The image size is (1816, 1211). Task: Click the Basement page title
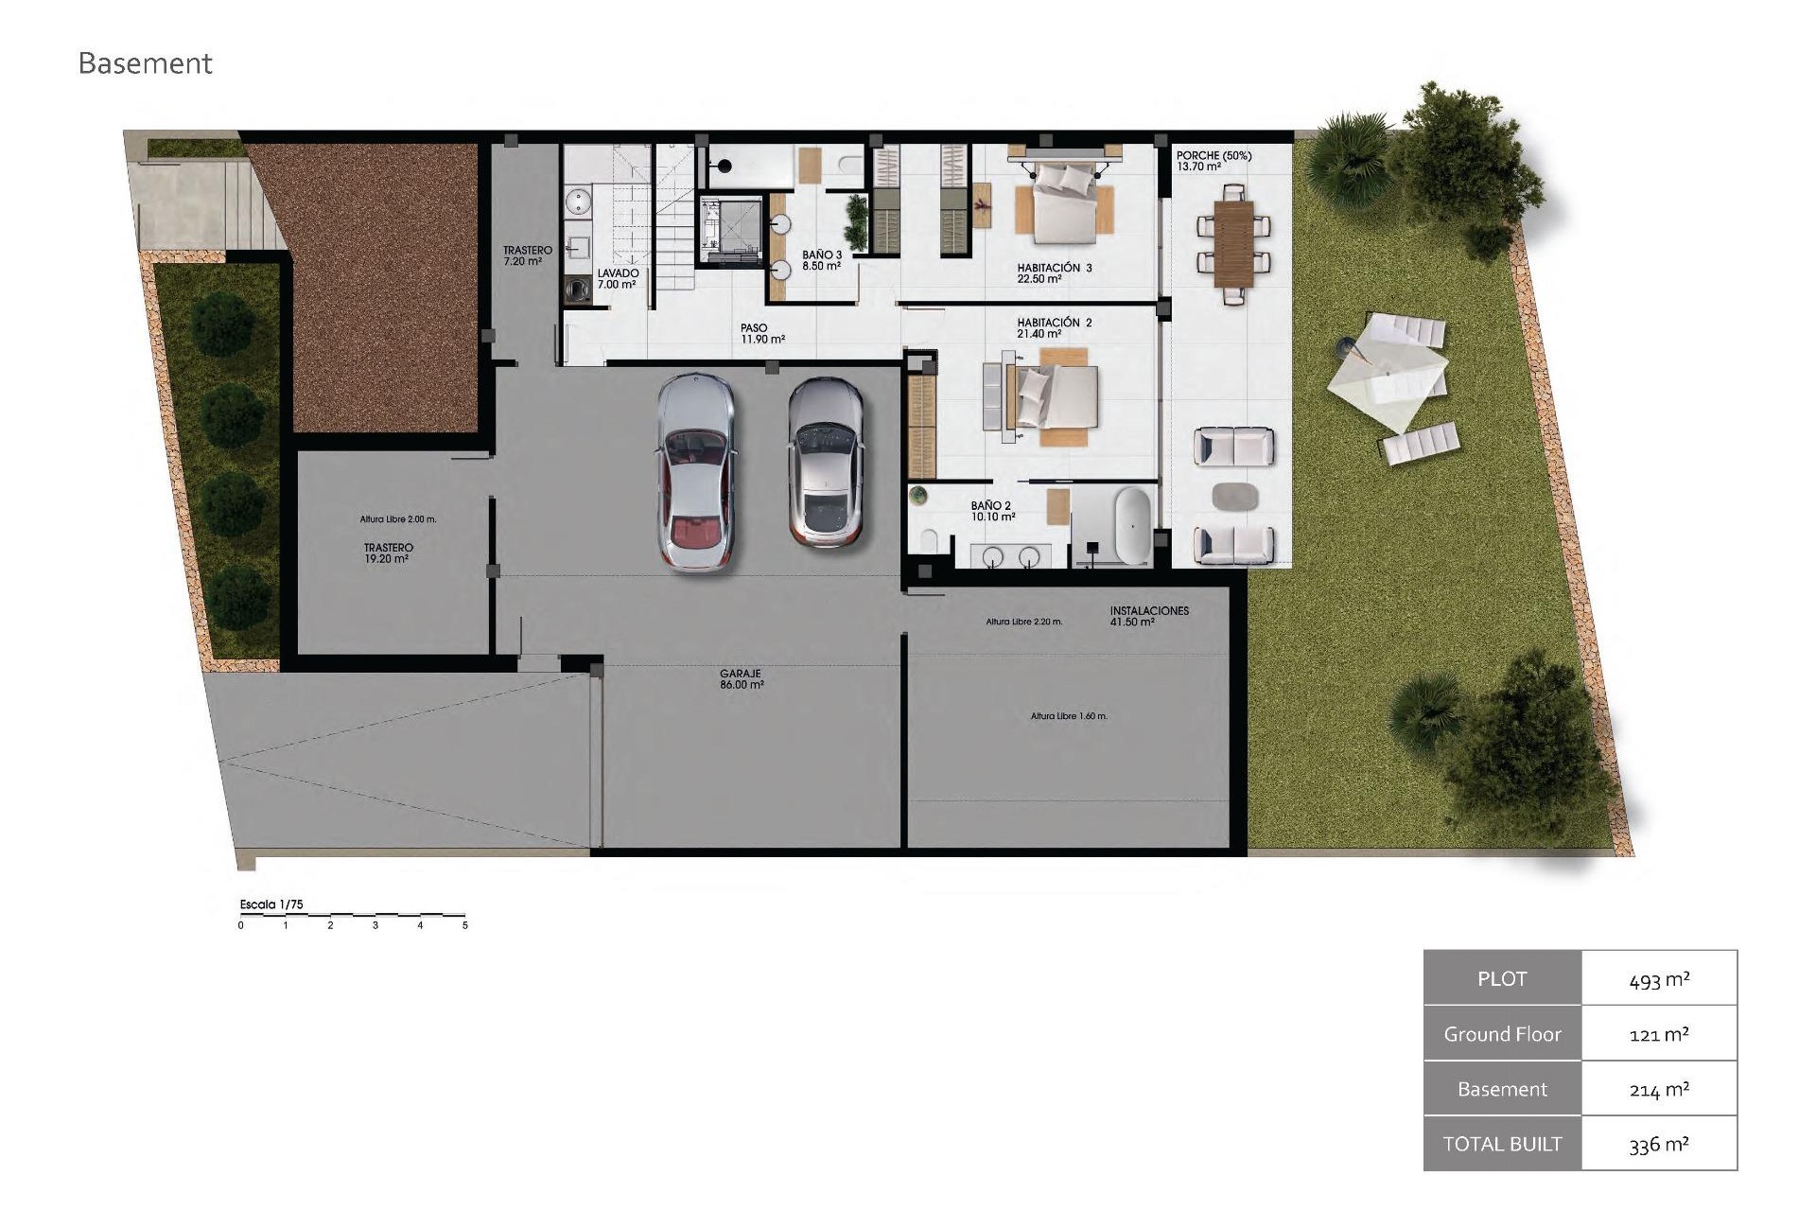(145, 63)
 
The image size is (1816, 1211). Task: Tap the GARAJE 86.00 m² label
(741, 679)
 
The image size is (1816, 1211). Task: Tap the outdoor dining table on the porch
(1233, 242)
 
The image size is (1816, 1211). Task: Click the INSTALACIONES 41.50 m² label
(1148, 616)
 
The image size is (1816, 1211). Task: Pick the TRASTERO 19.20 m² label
(388, 553)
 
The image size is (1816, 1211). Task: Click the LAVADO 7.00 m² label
(618, 278)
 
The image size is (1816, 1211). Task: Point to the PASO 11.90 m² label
(761, 333)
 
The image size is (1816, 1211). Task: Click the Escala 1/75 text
(271, 904)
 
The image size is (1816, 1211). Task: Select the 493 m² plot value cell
(1659, 979)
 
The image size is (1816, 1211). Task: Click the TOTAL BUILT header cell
(1502, 1144)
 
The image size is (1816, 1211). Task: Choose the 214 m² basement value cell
(1659, 1089)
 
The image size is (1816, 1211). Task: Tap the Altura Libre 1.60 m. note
(1069, 716)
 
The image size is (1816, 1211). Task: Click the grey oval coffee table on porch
(1234, 496)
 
